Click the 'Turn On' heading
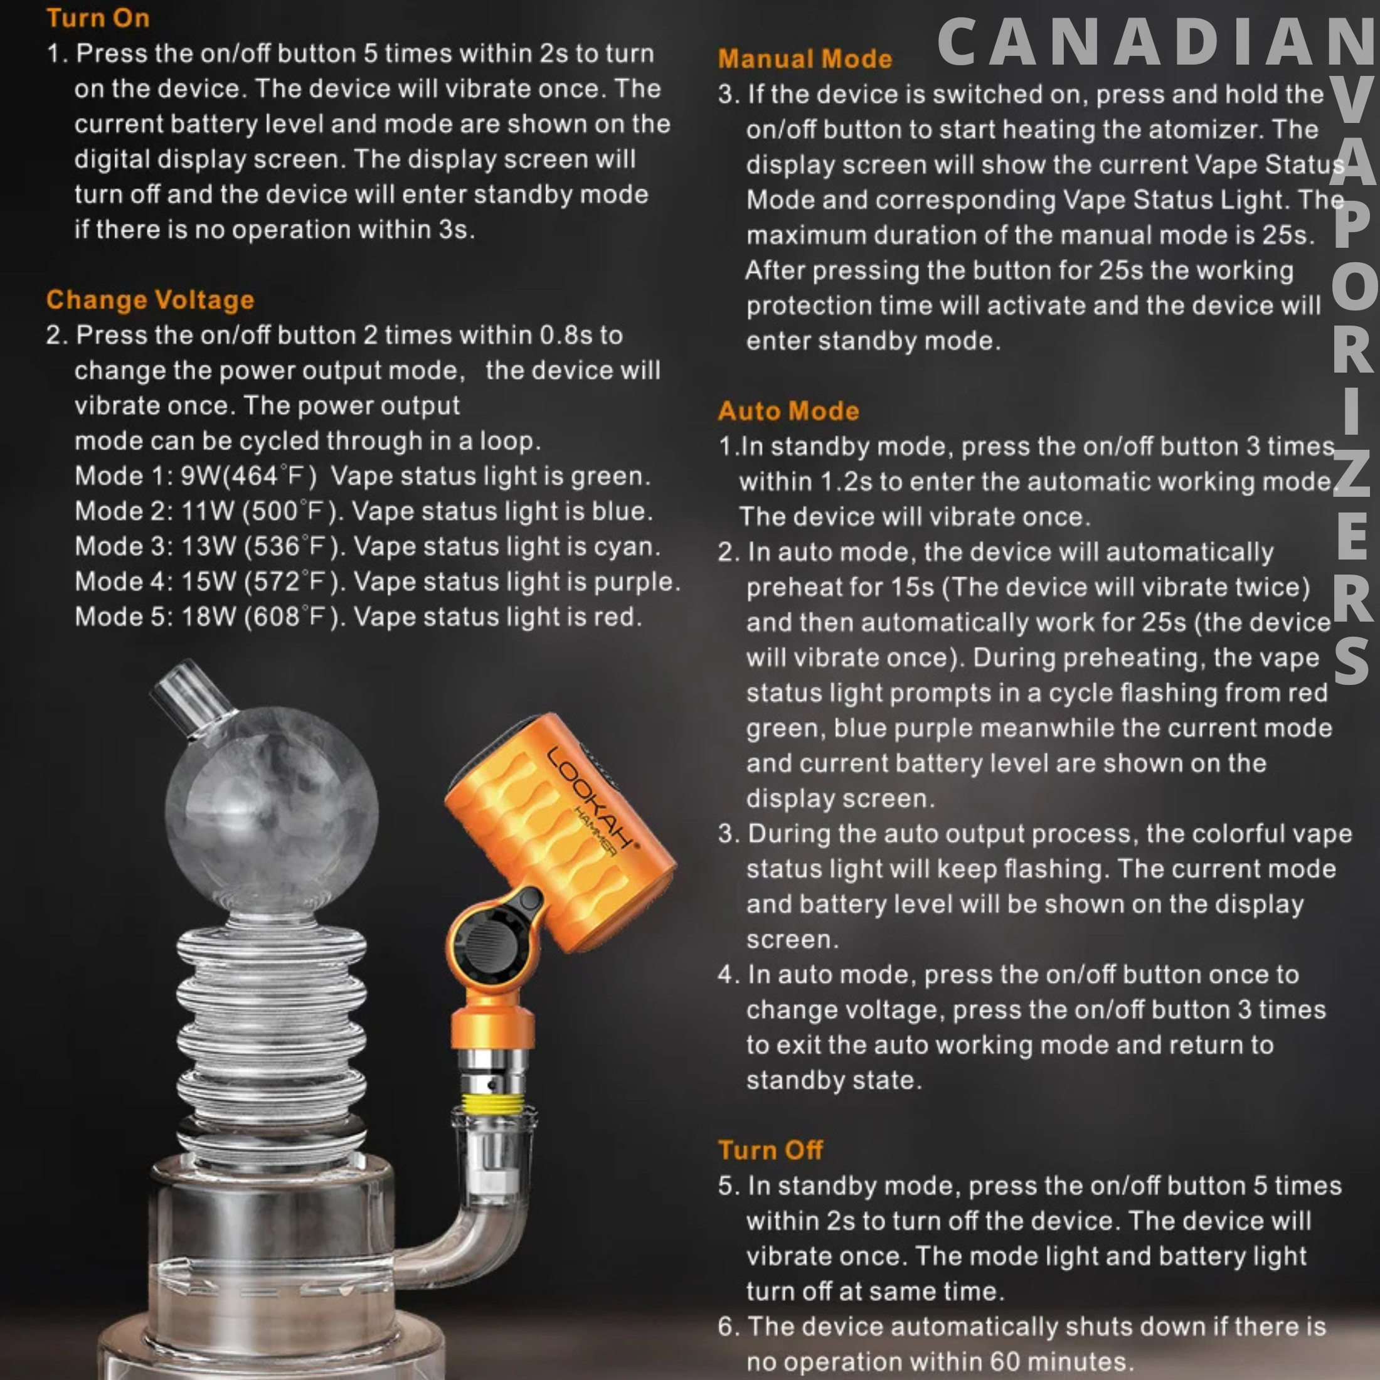coord(98,18)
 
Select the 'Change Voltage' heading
coord(150,300)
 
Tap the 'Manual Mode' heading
coord(805,58)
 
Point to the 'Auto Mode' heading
coord(788,411)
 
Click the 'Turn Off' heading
coord(770,1150)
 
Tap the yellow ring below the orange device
coord(493,1103)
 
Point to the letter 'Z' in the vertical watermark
coord(1351,475)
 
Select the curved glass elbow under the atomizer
coord(457,1243)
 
